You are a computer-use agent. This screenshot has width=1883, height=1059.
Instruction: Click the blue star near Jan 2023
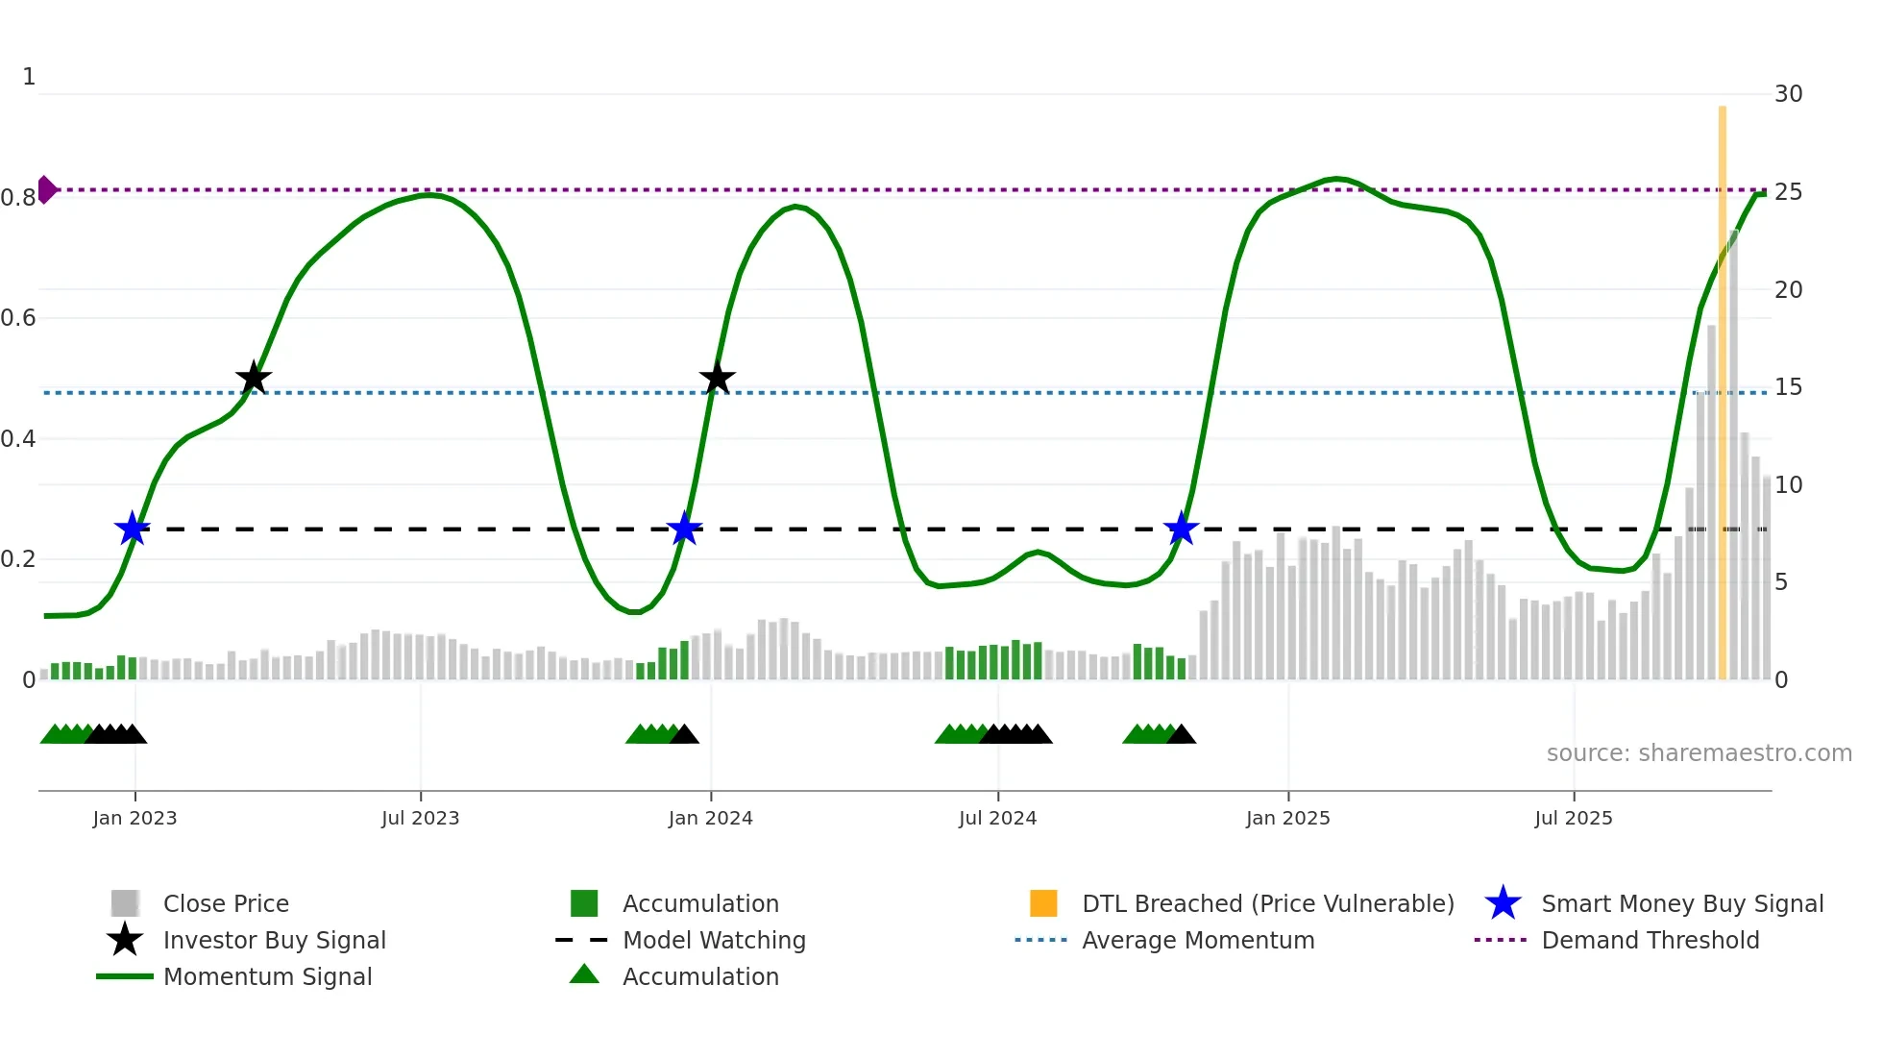click(133, 529)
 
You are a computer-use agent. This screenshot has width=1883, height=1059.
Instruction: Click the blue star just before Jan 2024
click(684, 529)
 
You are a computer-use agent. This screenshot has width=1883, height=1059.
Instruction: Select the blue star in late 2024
click(1181, 529)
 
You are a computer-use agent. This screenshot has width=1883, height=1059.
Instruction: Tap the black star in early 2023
click(254, 379)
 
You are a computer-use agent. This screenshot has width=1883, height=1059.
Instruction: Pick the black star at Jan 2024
click(717, 379)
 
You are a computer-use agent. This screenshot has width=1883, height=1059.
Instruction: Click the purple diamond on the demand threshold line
click(46, 189)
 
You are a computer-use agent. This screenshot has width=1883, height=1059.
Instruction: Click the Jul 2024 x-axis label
click(997, 818)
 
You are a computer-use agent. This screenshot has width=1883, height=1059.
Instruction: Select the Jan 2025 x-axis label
click(1287, 818)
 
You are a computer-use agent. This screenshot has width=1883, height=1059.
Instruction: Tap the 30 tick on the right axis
click(1788, 94)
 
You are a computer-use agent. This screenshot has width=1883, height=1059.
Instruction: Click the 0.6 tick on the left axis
click(19, 318)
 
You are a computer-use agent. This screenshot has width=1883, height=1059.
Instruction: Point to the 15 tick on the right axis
click(1788, 387)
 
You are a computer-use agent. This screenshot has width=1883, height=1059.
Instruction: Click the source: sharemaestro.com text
click(1699, 753)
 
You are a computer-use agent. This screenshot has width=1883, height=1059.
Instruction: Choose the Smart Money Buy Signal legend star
click(1503, 903)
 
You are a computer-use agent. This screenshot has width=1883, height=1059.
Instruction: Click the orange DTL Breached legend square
click(1043, 903)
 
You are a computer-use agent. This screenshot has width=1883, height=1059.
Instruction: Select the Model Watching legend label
click(714, 940)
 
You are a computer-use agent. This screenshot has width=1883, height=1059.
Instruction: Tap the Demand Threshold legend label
click(1650, 940)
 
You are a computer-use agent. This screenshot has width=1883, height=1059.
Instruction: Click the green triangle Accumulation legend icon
click(584, 975)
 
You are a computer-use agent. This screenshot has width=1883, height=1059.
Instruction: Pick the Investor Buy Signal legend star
click(125, 940)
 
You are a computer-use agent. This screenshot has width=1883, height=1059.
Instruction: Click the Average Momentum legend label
click(1198, 940)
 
